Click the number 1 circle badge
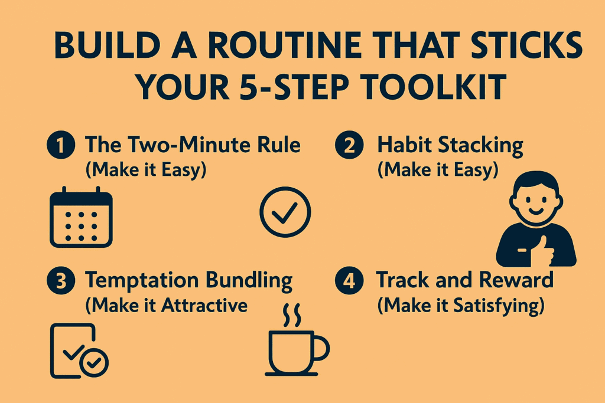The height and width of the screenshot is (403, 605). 61,145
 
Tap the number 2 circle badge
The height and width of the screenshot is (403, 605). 349,145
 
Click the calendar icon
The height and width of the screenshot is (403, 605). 81,217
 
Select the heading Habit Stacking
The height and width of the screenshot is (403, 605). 450,146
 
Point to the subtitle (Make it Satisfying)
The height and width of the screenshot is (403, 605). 461,306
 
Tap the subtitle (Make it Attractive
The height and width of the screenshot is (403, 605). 166,306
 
